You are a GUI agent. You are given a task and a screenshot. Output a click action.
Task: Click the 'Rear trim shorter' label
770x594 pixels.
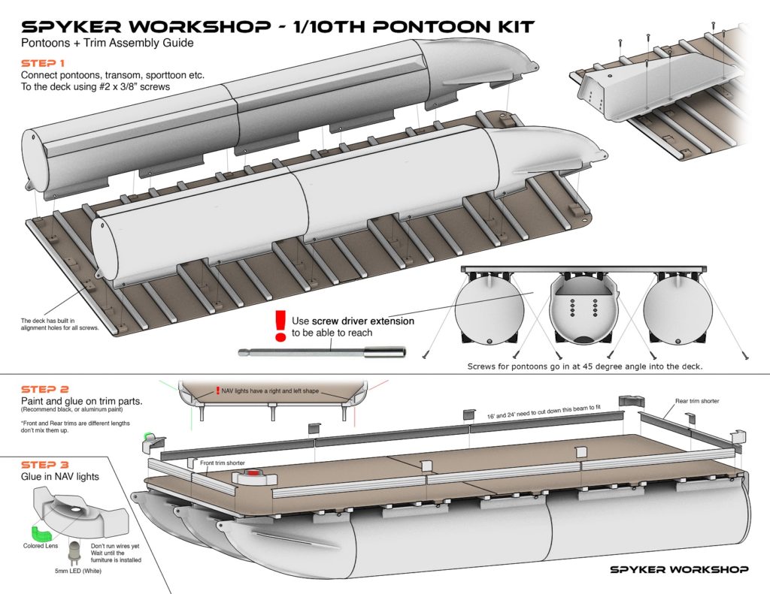click(x=697, y=401)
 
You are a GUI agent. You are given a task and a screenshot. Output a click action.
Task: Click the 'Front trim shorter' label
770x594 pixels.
click(x=222, y=463)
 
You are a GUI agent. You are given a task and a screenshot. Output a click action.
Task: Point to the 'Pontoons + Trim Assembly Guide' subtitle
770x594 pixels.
click(x=107, y=44)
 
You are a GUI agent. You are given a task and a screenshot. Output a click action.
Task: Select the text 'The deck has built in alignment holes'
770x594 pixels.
click(x=59, y=325)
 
